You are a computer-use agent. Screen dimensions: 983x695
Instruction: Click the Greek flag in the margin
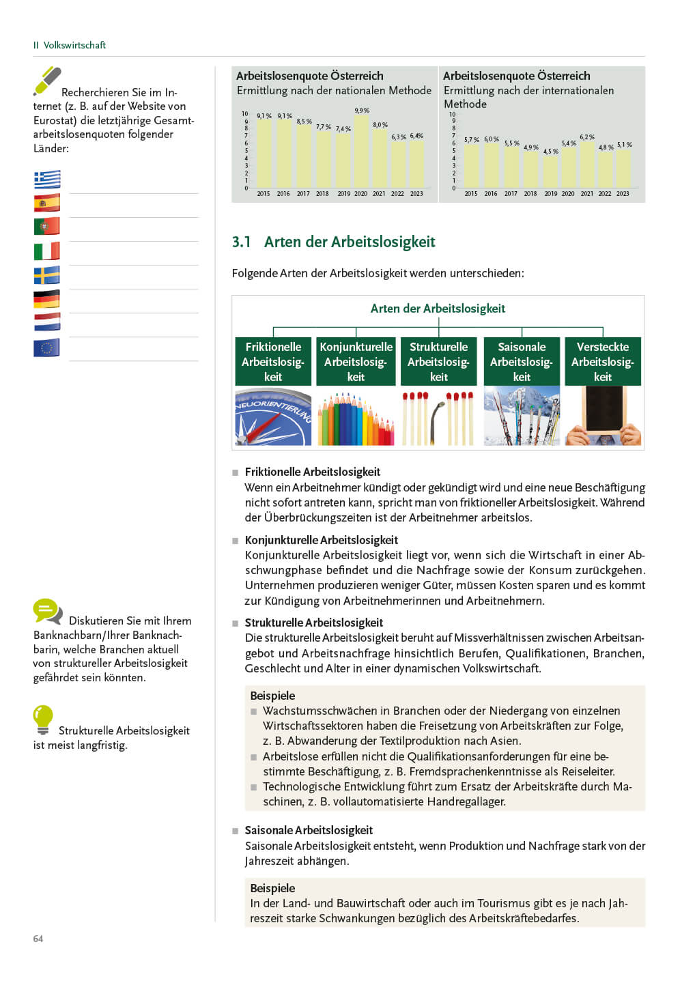(x=47, y=180)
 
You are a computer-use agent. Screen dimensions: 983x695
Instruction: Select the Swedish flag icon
(x=47, y=275)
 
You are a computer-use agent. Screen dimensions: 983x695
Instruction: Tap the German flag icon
(x=47, y=299)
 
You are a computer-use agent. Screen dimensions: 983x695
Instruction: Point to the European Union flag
(x=47, y=347)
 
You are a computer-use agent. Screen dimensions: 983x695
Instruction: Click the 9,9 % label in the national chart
(x=362, y=111)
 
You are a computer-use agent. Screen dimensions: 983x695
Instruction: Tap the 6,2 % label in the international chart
(x=587, y=137)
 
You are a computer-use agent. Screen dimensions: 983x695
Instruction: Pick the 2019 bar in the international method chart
(x=551, y=171)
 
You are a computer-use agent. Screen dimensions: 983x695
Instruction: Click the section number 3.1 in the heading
(x=241, y=242)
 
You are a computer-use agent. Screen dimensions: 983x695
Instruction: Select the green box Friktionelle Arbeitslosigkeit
(x=273, y=362)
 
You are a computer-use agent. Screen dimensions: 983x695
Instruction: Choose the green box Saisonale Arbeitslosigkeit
(x=522, y=362)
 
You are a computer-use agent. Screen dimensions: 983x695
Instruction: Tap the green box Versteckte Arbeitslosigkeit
(x=603, y=362)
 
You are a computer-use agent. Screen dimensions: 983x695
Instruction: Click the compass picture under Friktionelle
(x=273, y=416)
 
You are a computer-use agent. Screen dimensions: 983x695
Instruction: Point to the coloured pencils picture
(x=356, y=418)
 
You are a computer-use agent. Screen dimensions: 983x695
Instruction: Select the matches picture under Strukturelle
(x=438, y=418)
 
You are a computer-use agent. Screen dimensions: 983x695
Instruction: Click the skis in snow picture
(x=522, y=416)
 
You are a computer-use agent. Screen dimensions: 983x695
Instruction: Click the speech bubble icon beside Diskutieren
(x=47, y=611)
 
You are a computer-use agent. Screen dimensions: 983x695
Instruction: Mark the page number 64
(x=38, y=939)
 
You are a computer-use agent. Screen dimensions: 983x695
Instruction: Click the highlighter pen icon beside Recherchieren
(x=47, y=81)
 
